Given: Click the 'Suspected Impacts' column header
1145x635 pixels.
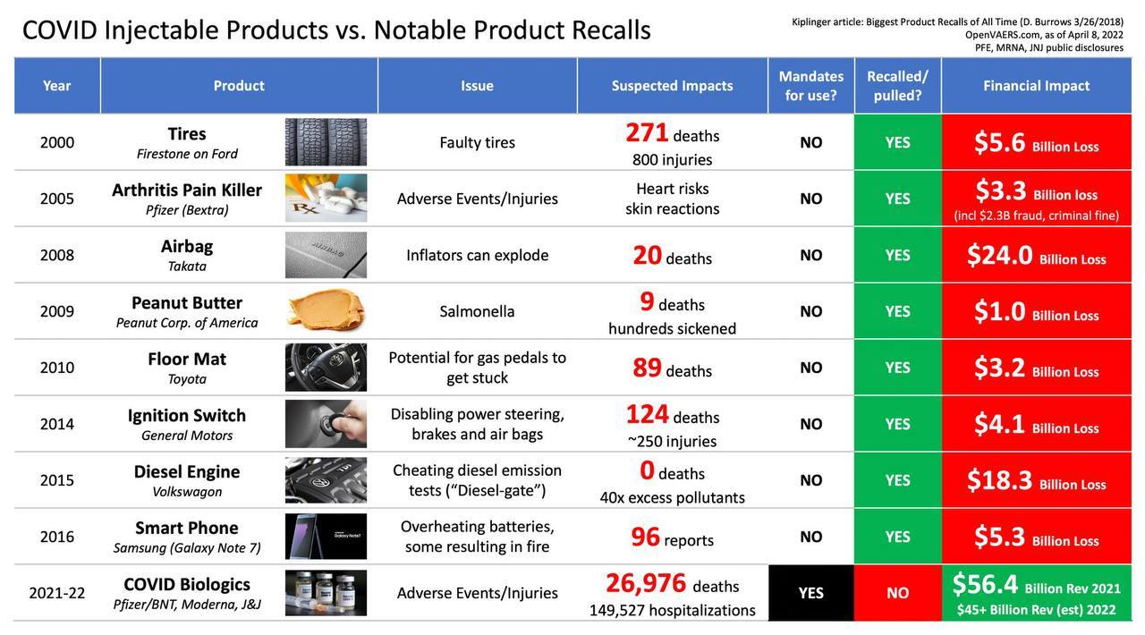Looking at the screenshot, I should click(672, 86).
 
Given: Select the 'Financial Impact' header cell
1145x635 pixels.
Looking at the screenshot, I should click(1036, 86).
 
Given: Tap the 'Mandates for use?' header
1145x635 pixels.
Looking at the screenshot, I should click(810, 86).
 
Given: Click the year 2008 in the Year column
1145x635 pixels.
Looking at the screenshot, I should click(57, 255).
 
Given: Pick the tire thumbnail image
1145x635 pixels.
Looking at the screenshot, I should click(326, 142).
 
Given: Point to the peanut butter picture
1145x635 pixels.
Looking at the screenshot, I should click(326, 311).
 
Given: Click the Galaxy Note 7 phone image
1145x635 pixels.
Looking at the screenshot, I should click(326, 537).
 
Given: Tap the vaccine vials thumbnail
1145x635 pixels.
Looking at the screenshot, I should click(326, 593).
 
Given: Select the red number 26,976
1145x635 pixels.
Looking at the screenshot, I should click(646, 583).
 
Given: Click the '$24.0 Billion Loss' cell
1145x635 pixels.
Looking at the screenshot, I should click(1036, 256).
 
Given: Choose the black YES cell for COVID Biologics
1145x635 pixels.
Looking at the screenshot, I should click(810, 593).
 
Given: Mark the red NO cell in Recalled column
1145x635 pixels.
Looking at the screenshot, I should click(897, 593).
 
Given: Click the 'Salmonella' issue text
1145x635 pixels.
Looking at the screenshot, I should click(477, 311).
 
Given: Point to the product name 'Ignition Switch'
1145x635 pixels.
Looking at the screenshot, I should click(187, 415).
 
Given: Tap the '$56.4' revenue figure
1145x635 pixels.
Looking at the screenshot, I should click(985, 584).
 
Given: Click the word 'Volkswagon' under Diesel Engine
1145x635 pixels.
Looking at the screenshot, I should click(187, 492).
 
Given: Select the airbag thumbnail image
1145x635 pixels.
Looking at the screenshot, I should click(326, 255).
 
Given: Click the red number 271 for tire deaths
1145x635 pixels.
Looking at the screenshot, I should click(647, 132).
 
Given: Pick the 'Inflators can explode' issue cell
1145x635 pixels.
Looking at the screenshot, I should click(477, 255).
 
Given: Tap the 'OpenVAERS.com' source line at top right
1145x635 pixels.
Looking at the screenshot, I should click(1044, 35).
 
